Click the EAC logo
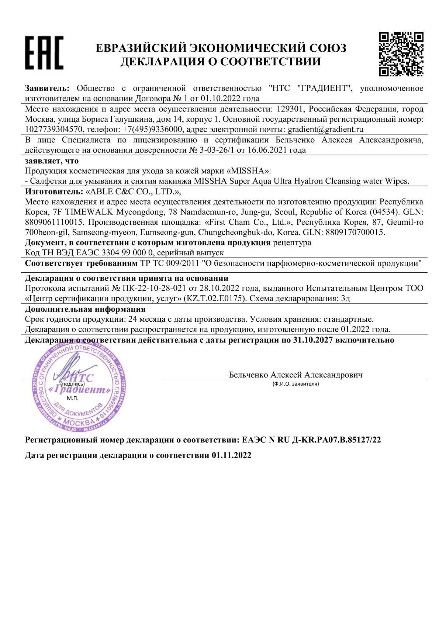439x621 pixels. pos(44,53)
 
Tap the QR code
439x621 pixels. pos(401,54)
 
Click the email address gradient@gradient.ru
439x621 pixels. pos(325,130)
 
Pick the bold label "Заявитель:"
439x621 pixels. pos(47,89)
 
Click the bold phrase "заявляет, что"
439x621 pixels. pos(52,161)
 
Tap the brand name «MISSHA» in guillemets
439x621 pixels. pos(250,171)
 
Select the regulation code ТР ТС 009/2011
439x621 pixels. pos(170,263)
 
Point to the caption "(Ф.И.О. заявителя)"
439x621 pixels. pos(295,384)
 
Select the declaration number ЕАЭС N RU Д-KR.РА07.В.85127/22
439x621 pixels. pos(311,440)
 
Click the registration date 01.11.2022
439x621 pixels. pos(231,455)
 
